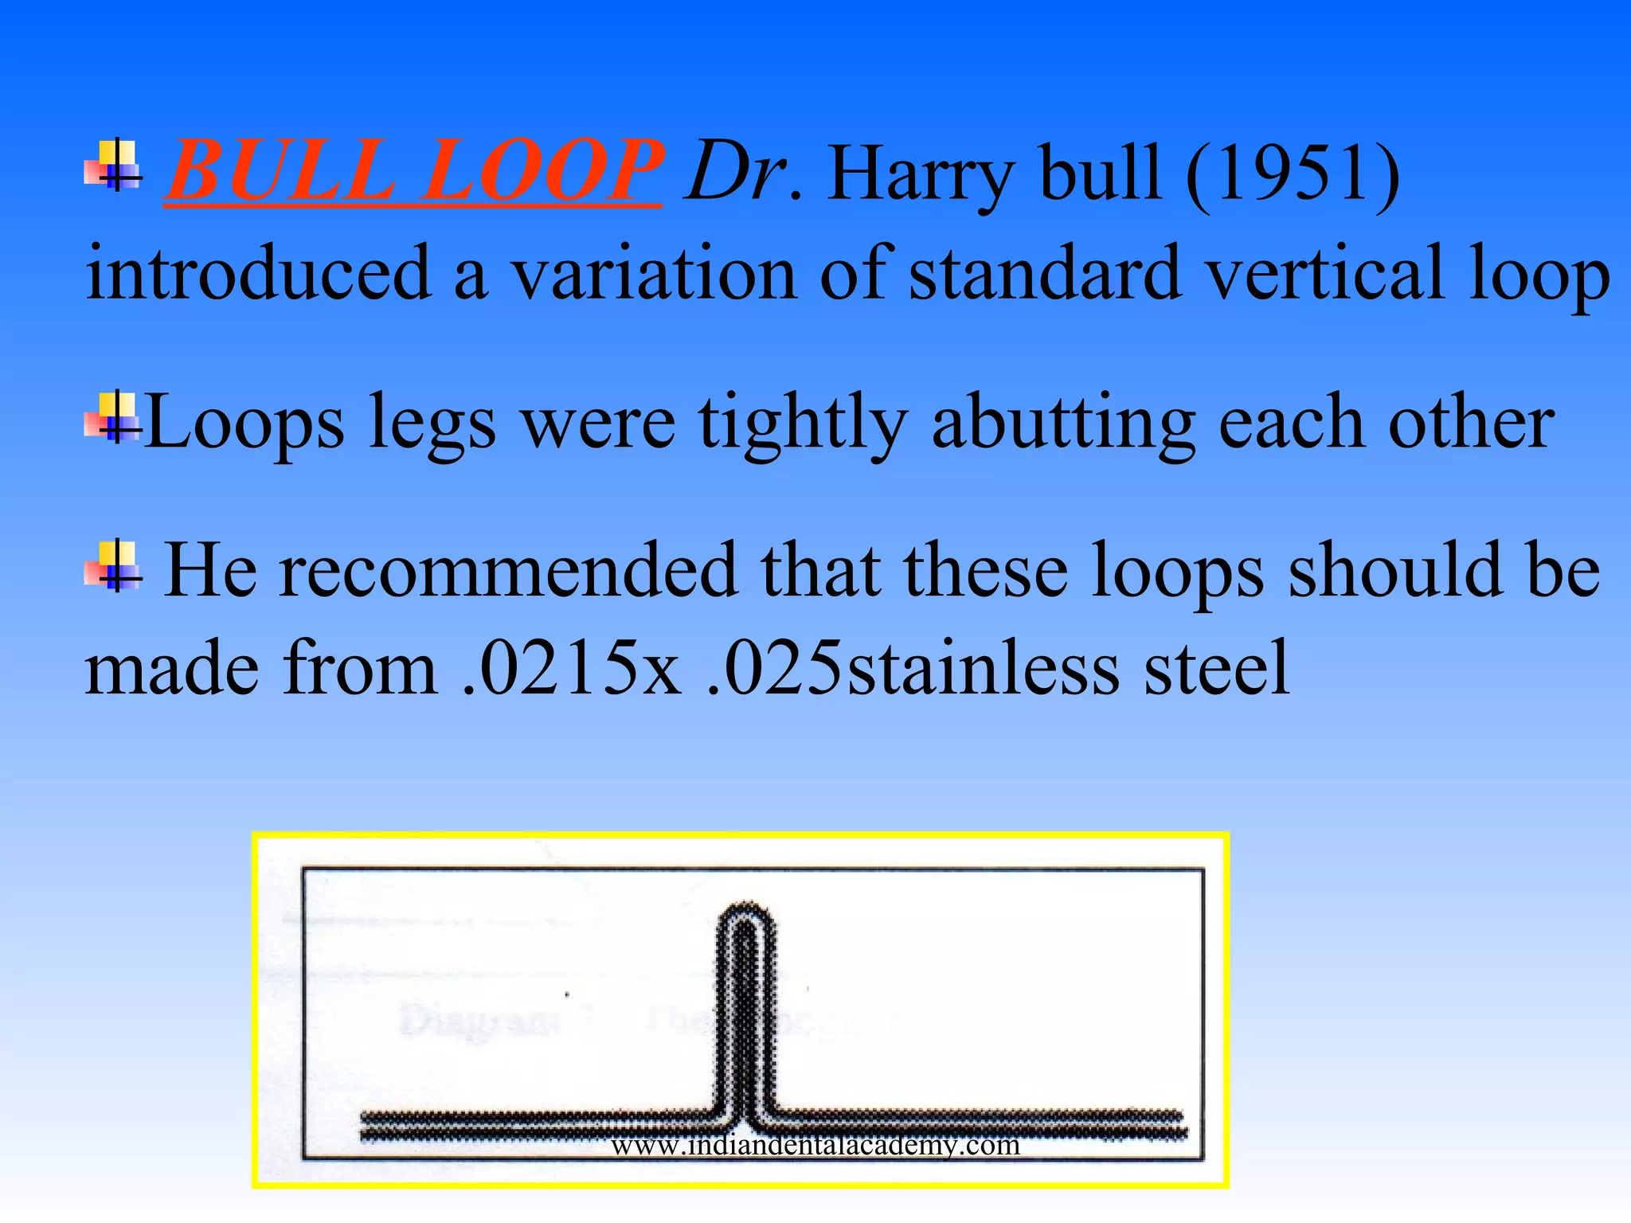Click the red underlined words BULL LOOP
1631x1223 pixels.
[x=413, y=170]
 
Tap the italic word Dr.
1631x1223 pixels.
[x=741, y=170]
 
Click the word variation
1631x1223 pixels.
[x=653, y=273]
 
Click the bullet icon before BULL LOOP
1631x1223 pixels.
[x=114, y=166]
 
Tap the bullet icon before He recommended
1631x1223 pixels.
[x=114, y=565]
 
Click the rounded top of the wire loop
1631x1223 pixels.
[x=745, y=913]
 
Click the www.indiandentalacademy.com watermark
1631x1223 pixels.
[x=815, y=1145]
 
